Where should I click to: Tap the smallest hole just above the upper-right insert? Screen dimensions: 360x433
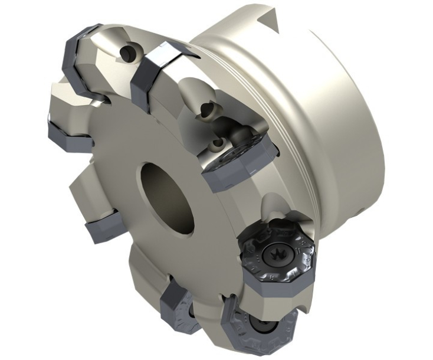(x=219, y=143)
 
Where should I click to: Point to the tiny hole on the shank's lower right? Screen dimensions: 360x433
(x=359, y=210)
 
